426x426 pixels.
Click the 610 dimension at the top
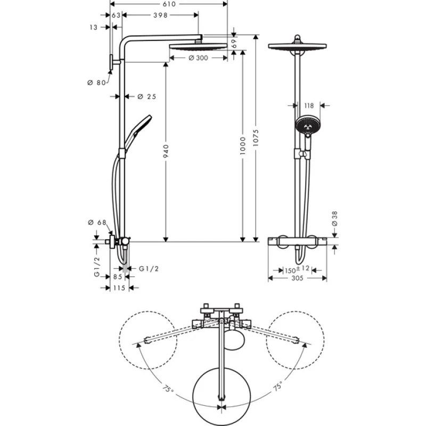(x=169, y=4)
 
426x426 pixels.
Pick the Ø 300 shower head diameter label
(x=198, y=58)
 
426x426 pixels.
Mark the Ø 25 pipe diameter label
(x=146, y=96)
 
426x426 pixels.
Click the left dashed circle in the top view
(x=147, y=339)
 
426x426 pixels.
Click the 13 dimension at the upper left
(x=94, y=27)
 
